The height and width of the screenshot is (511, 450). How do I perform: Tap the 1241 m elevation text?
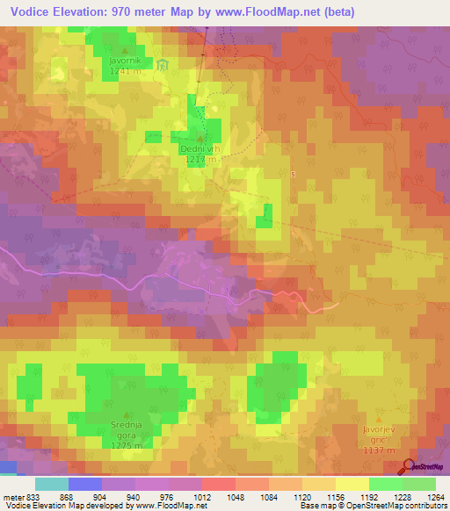(x=124, y=71)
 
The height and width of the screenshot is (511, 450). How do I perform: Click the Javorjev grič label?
(x=379, y=430)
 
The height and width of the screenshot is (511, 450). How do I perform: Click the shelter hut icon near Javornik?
(x=163, y=65)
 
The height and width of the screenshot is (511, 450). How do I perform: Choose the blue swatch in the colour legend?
(x=85, y=484)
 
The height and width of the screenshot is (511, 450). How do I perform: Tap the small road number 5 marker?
(x=293, y=174)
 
